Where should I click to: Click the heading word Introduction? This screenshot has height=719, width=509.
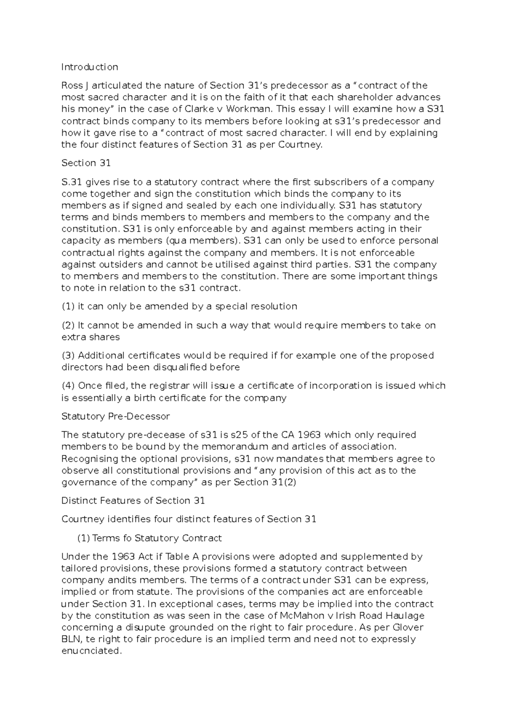click(x=89, y=67)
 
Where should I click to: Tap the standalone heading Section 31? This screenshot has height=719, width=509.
click(x=86, y=163)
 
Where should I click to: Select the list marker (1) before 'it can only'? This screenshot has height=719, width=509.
click(x=68, y=307)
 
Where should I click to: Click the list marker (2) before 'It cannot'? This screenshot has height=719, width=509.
click(x=68, y=326)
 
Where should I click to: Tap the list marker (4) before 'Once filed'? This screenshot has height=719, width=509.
click(x=68, y=386)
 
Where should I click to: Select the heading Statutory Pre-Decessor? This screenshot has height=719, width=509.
click(x=115, y=416)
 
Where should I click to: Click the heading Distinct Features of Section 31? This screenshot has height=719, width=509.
click(x=133, y=501)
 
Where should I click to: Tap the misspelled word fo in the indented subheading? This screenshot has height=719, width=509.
click(x=127, y=538)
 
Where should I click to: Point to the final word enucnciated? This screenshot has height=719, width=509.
click(x=91, y=651)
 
